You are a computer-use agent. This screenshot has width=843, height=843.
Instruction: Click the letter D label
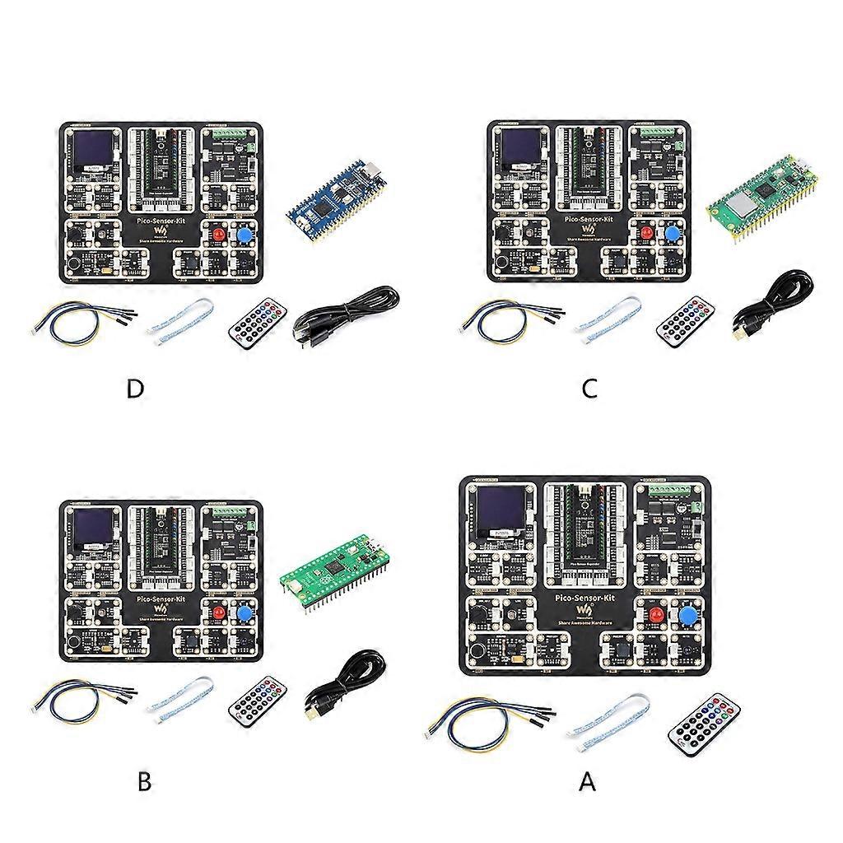coord(136,389)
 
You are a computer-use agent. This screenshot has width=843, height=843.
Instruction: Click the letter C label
coord(589,389)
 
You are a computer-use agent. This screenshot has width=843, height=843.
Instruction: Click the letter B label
coord(144,781)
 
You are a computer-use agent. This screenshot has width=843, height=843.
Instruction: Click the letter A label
coord(587,781)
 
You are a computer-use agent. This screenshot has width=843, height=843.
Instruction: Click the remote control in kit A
coord(705,724)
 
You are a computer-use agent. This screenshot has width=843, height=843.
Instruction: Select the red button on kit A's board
coord(656,617)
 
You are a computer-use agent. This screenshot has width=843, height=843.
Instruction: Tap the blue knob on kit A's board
coord(689,617)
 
